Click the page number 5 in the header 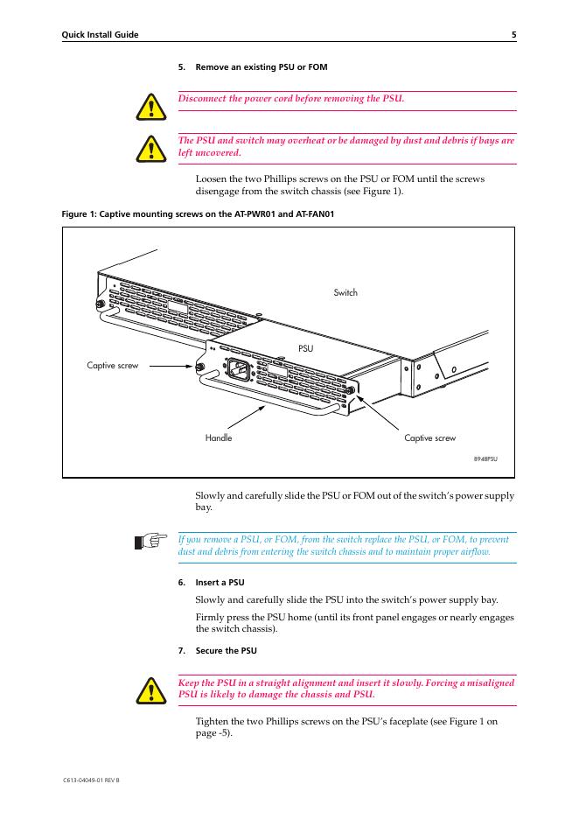click(x=513, y=35)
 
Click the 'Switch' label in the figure click(x=345, y=292)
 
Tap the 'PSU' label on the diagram click(x=305, y=348)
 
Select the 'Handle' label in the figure click(x=219, y=437)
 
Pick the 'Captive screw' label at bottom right click(x=429, y=437)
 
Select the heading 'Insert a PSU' click(x=220, y=582)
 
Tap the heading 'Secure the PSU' click(x=226, y=650)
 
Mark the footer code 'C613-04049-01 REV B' click(x=91, y=779)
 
